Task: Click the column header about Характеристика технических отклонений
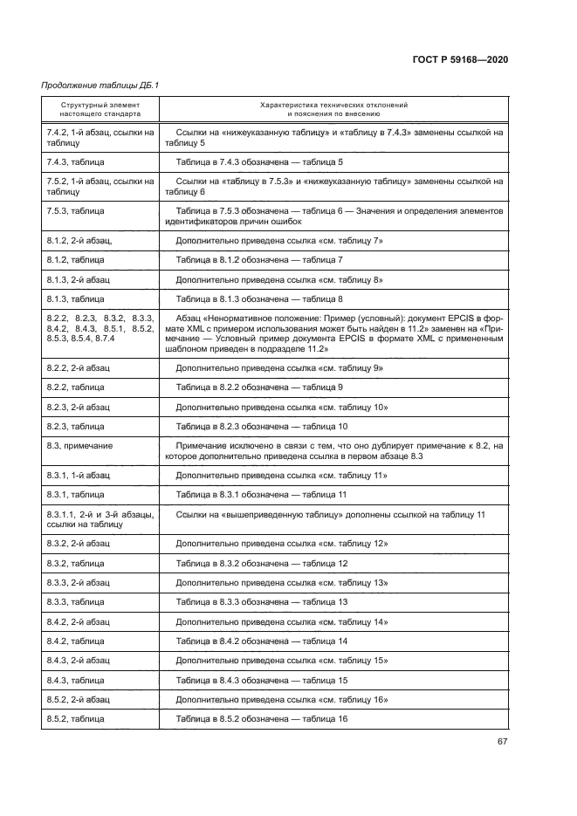(333, 109)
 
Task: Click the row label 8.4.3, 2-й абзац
(79, 661)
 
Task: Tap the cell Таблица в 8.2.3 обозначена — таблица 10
(262, 426)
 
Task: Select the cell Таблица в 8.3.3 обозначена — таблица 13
(262, 602)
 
